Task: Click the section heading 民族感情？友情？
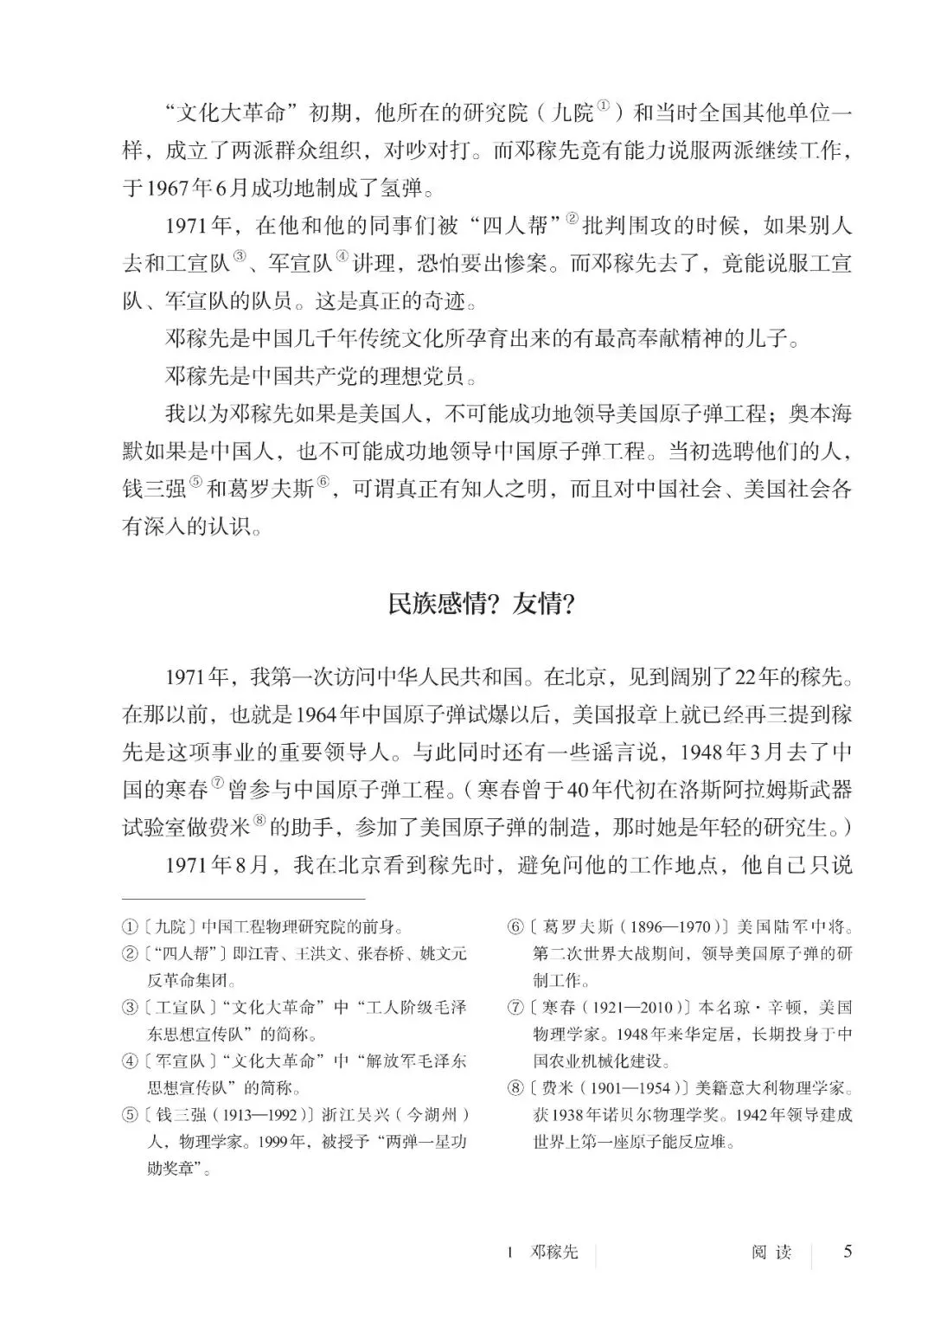[481, 604]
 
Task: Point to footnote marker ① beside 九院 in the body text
[605, 107]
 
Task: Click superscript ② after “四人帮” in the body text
[572, 219]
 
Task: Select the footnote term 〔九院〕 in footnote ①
[170, 927]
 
